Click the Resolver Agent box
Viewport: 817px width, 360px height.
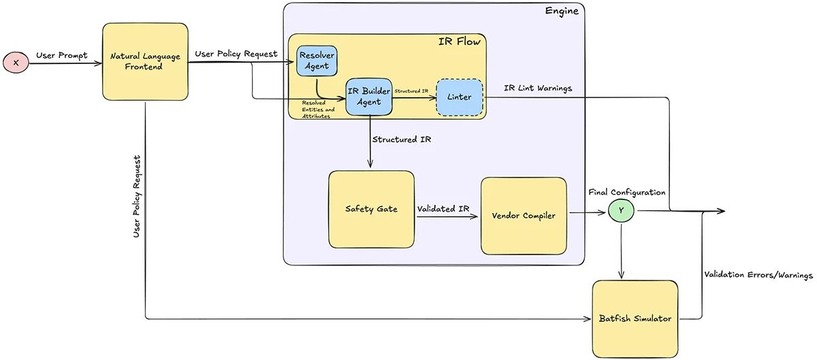tap(317, 60)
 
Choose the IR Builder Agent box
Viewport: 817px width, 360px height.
tap(369, 97)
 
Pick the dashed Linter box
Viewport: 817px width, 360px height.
tap(459, 97)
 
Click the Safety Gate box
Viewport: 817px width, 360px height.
tap(371, 209)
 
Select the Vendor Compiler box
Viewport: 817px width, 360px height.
tap(524, 216)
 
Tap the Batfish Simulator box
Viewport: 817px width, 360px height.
tap(635, 318)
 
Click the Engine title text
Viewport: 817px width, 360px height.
tap(562, 12)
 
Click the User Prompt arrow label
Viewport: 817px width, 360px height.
tap(61, 55)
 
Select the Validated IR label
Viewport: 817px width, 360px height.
tap(446, 209)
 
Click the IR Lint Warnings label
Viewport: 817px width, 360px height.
tap(538, 88)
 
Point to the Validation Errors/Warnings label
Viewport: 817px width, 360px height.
tap(757, 276)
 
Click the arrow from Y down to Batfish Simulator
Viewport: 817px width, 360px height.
tap(621, 252)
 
